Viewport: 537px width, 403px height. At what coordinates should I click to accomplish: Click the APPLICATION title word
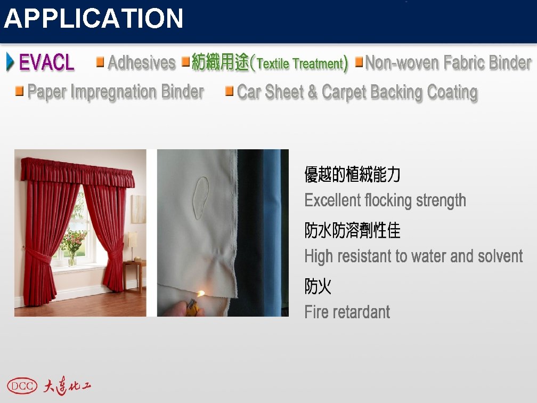[94, 19]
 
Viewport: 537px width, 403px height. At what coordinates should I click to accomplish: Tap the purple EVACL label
[47, 63]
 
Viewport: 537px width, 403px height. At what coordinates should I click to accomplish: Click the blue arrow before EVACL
[10, 62]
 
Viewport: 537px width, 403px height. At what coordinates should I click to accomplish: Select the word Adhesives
[141, 63]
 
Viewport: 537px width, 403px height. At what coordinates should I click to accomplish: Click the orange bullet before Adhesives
[100, 62]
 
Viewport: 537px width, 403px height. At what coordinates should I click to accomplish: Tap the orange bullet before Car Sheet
[230, 91]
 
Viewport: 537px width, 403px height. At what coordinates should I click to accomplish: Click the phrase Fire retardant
[347, 312]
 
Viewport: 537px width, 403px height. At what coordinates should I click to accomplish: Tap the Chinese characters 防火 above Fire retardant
[318, 287]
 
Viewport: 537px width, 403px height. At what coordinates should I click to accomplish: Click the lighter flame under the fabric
[201, 294]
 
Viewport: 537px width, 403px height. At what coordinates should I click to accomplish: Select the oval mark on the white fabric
[201, 198]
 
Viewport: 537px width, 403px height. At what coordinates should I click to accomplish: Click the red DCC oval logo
[22, 385]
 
